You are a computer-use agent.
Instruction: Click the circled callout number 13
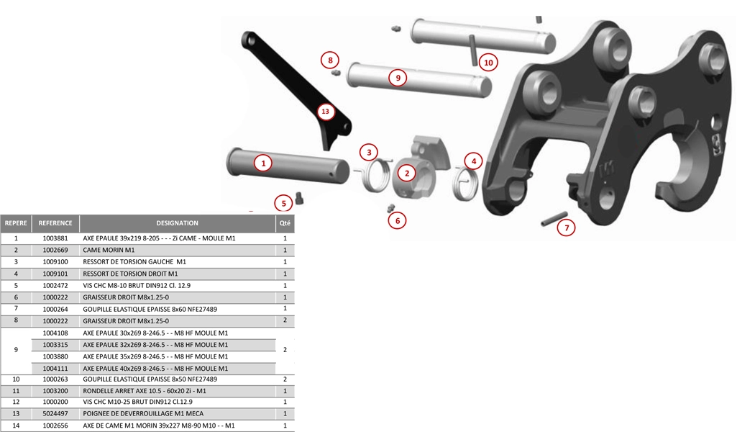[326, 112]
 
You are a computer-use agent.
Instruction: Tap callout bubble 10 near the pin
[488, 62]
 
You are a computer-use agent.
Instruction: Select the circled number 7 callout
[567, 228]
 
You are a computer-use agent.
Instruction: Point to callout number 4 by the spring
[473, 161]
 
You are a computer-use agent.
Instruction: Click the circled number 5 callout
[283, 203]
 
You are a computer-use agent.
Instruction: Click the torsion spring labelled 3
[374, 174]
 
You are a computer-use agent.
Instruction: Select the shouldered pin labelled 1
[288, 165]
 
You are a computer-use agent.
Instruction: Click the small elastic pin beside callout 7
[554, 218]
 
